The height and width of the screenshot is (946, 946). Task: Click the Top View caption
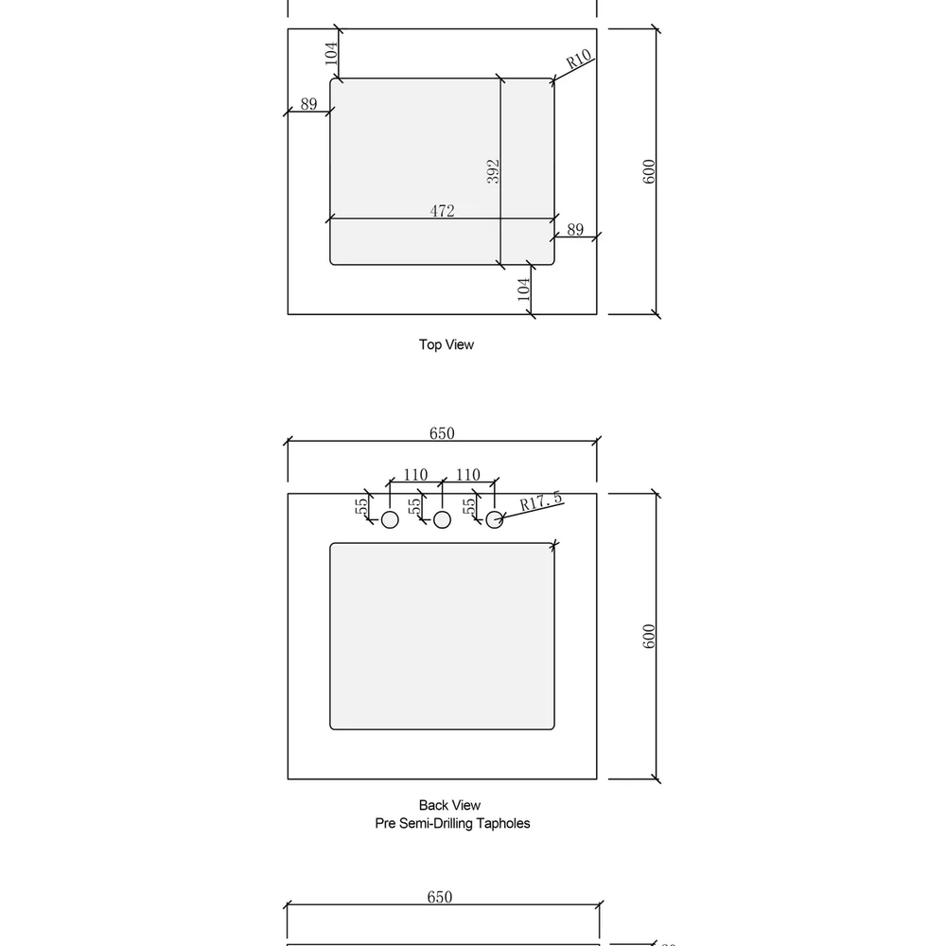[x=447, y=344]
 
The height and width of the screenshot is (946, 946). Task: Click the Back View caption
[x=449, y=805]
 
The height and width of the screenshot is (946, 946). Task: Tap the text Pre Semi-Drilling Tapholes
[x=452, y=823]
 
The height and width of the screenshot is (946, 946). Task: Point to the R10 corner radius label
[x=579, y=59]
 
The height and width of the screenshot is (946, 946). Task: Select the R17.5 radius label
[x=541, y=501]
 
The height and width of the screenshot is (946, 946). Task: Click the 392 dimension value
[x=493, y=171]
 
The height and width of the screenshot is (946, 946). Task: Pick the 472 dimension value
[x=442, y=211]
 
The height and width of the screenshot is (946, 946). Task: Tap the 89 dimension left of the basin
[x=309, y=104]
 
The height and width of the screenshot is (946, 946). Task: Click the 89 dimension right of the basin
[x=575, y=229]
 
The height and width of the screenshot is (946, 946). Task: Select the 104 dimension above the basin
[x=331, y=53]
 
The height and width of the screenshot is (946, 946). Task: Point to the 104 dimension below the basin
[x=524, y=289]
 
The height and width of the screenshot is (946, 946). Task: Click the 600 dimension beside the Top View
[x=649, y=171]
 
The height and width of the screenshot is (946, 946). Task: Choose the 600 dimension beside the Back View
[x=649, y=637]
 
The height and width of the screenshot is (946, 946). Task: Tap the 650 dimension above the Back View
[x=442, y=433]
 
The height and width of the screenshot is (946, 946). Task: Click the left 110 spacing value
[x=415, y=475]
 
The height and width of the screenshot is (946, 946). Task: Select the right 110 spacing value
[x=468, y=475]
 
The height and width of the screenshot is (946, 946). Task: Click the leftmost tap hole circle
[x=390, y=519]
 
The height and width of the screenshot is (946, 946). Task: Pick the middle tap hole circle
[x=442, y=519]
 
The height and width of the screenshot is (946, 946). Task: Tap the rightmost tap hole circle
[x=495, y=519]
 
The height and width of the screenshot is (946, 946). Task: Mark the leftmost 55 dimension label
[x=360, y=506]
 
